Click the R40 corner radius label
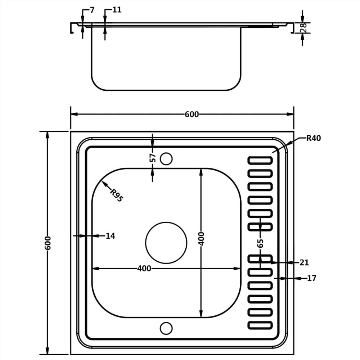(313, 138)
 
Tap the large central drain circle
(166, 243)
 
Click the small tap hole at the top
(166, 158)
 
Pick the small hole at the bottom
(166, 328)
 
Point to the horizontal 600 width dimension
(192, 114)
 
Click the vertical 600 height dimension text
(48, 243)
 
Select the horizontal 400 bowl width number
(144, 269)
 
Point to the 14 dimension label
(110, 236)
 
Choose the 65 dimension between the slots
(260, 243)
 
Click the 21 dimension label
(304, 263)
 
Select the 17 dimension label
(312, 278)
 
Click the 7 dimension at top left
(92, 10)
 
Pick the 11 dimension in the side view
(117, 10)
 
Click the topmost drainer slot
(260, 161)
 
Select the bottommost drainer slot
(260, 325)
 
